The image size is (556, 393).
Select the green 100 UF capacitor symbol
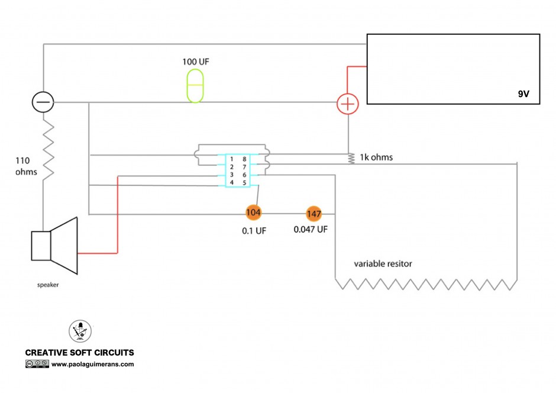[195, 86]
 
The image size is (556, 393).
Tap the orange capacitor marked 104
[253, 212]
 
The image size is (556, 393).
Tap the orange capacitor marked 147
[314, 214]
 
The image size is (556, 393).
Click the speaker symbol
[54, 246]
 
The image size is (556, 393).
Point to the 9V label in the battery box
[523, 94]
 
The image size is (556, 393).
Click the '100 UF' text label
[196, 62]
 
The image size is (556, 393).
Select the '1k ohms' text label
[376, 157]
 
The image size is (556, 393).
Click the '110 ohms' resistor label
[26, 166]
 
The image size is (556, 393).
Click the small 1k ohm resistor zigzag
[351, 158]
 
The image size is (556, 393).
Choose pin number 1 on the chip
[231, 159]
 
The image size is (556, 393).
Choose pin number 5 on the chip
[244, 183]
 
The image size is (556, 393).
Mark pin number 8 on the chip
[244, 159]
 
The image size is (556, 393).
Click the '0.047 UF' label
[311, 230]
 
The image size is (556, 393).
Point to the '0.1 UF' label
[254, 231]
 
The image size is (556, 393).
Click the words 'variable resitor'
[383, 264]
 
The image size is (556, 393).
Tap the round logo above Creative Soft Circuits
[80, 331]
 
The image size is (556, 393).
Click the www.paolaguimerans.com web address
[92, 364]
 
